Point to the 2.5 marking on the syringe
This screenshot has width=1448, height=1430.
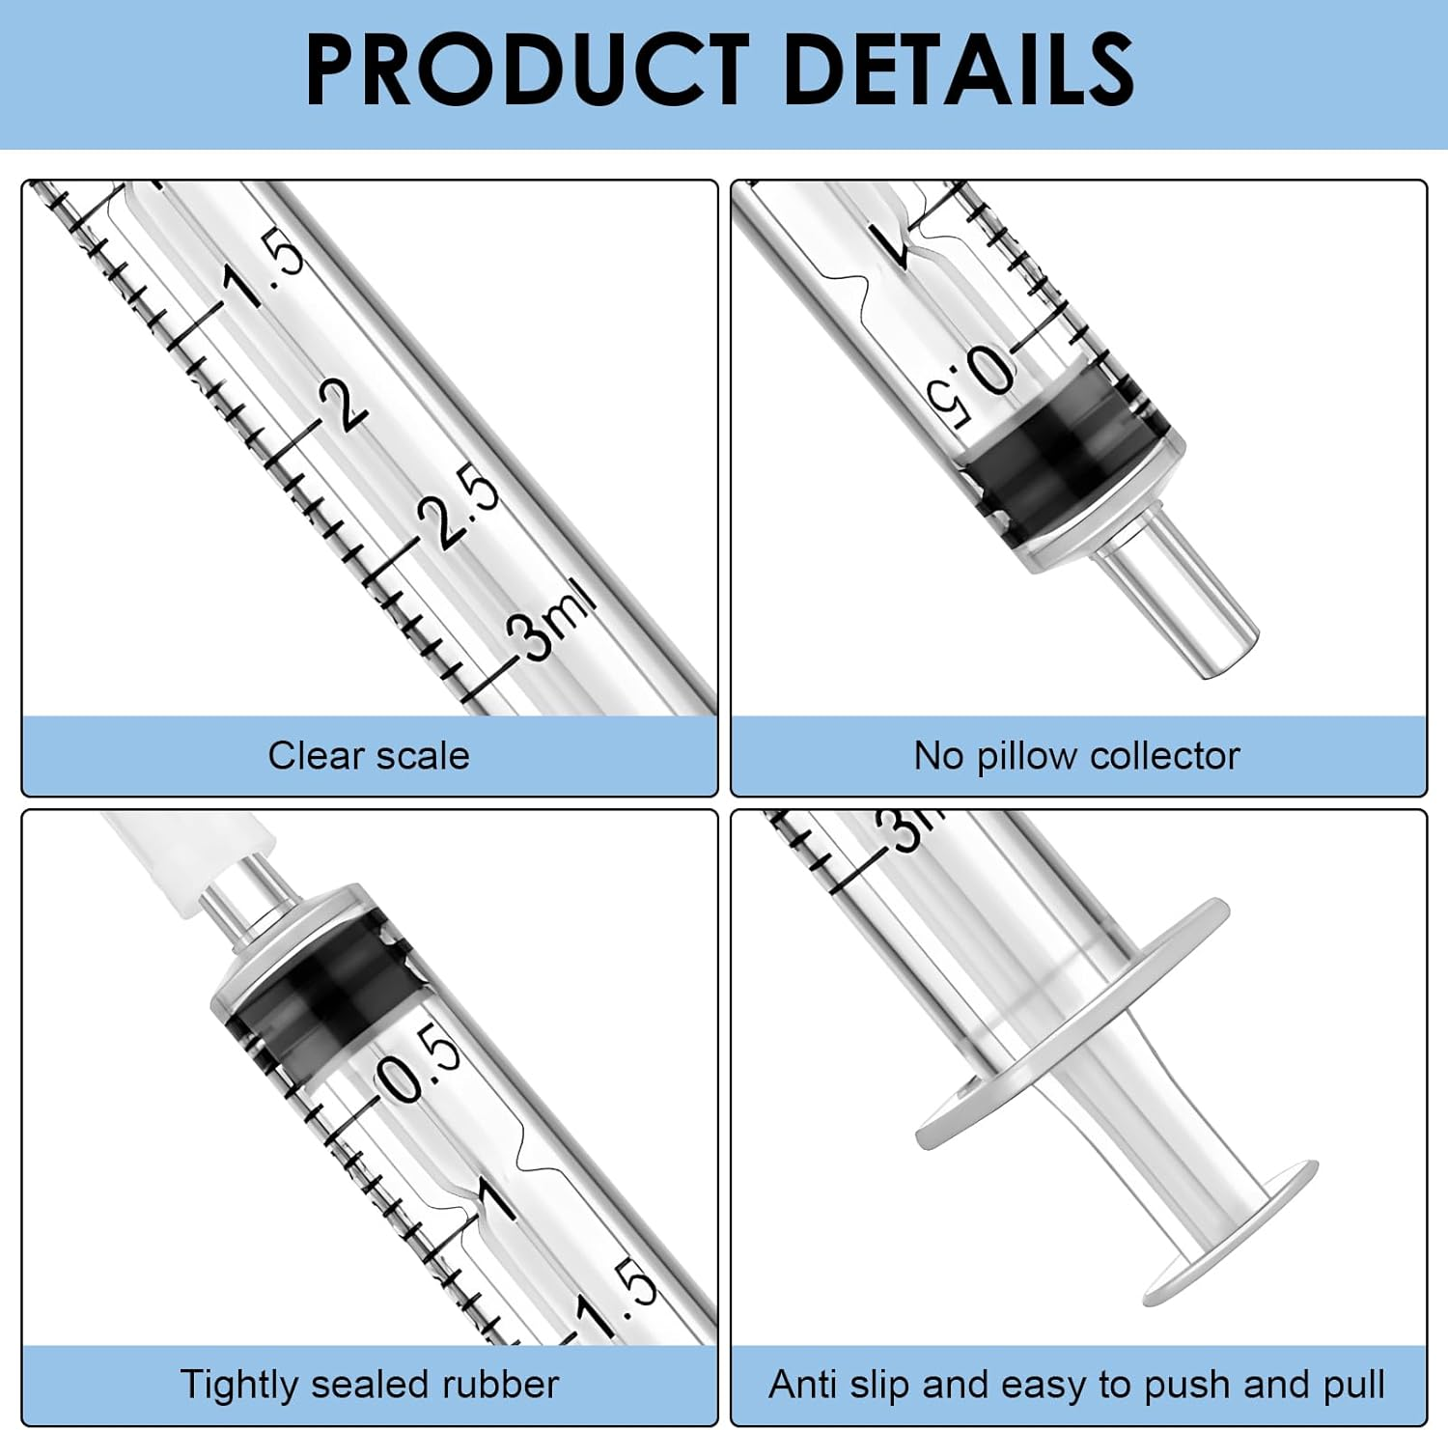pyautogui.click(x=459, y=506)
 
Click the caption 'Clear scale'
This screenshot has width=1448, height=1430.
pyautogui.click(x=369, y=756)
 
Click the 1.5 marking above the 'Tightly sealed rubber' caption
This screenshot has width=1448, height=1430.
pyautogui.click(x=618, y=1299)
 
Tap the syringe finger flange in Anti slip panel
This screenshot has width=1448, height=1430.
pyautogui.click(x=1072, y=1023)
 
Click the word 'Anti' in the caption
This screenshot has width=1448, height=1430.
pyautogui.click(x=803, y=1385)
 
